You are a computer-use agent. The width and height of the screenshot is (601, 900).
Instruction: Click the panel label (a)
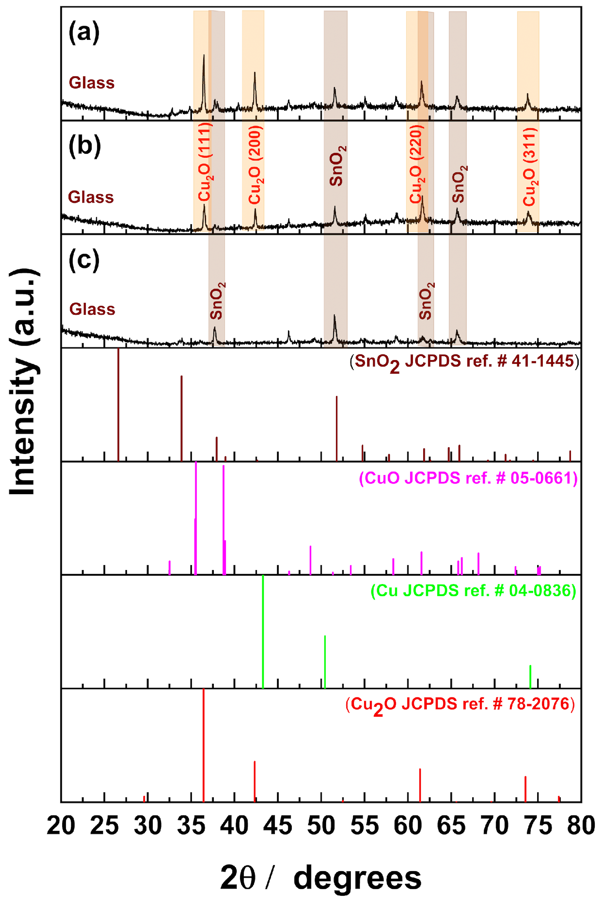point(84,32)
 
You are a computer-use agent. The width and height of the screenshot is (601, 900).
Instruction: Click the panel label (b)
point(85,146)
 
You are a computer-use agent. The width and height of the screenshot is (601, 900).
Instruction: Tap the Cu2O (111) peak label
point(205,162)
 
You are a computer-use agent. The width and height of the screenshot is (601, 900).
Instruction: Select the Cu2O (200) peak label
point(255,166)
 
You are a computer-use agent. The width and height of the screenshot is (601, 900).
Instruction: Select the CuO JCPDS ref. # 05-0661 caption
point(468,478)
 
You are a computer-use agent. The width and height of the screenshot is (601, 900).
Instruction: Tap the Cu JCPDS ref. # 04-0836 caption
point(473,591)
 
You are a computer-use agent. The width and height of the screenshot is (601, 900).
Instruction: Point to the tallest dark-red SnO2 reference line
point(119,404)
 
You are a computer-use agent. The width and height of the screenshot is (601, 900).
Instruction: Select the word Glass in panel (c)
point(92,309)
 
